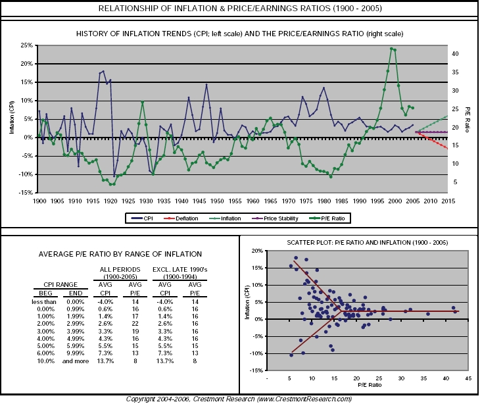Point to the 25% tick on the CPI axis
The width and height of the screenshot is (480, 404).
[x=27, y=45]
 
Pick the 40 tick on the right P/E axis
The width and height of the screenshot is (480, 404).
[x=456, y=54]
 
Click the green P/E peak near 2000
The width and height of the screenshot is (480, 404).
[x=392, y=49]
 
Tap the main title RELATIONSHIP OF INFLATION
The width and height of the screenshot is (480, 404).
[x=239, y=9]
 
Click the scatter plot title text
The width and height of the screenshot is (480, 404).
[x=359, y=242]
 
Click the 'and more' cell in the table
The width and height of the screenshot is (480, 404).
[x=75, y=362]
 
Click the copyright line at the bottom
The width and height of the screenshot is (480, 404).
[x=239, y=399]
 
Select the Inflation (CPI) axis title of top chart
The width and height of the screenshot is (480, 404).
[x=11, y=118]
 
